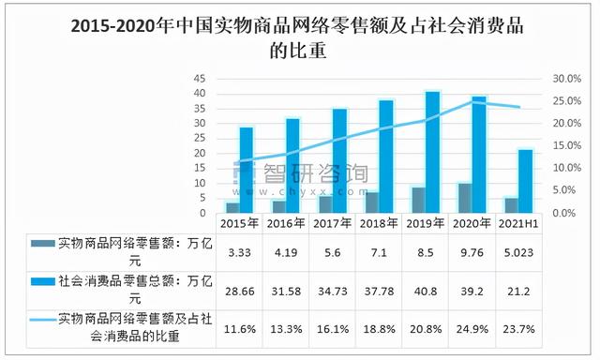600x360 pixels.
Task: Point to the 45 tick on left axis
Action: click(x=200, y=79)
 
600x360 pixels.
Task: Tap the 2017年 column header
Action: click(x=332, y=223)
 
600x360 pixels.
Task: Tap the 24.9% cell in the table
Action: click(x=472, y=326)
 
